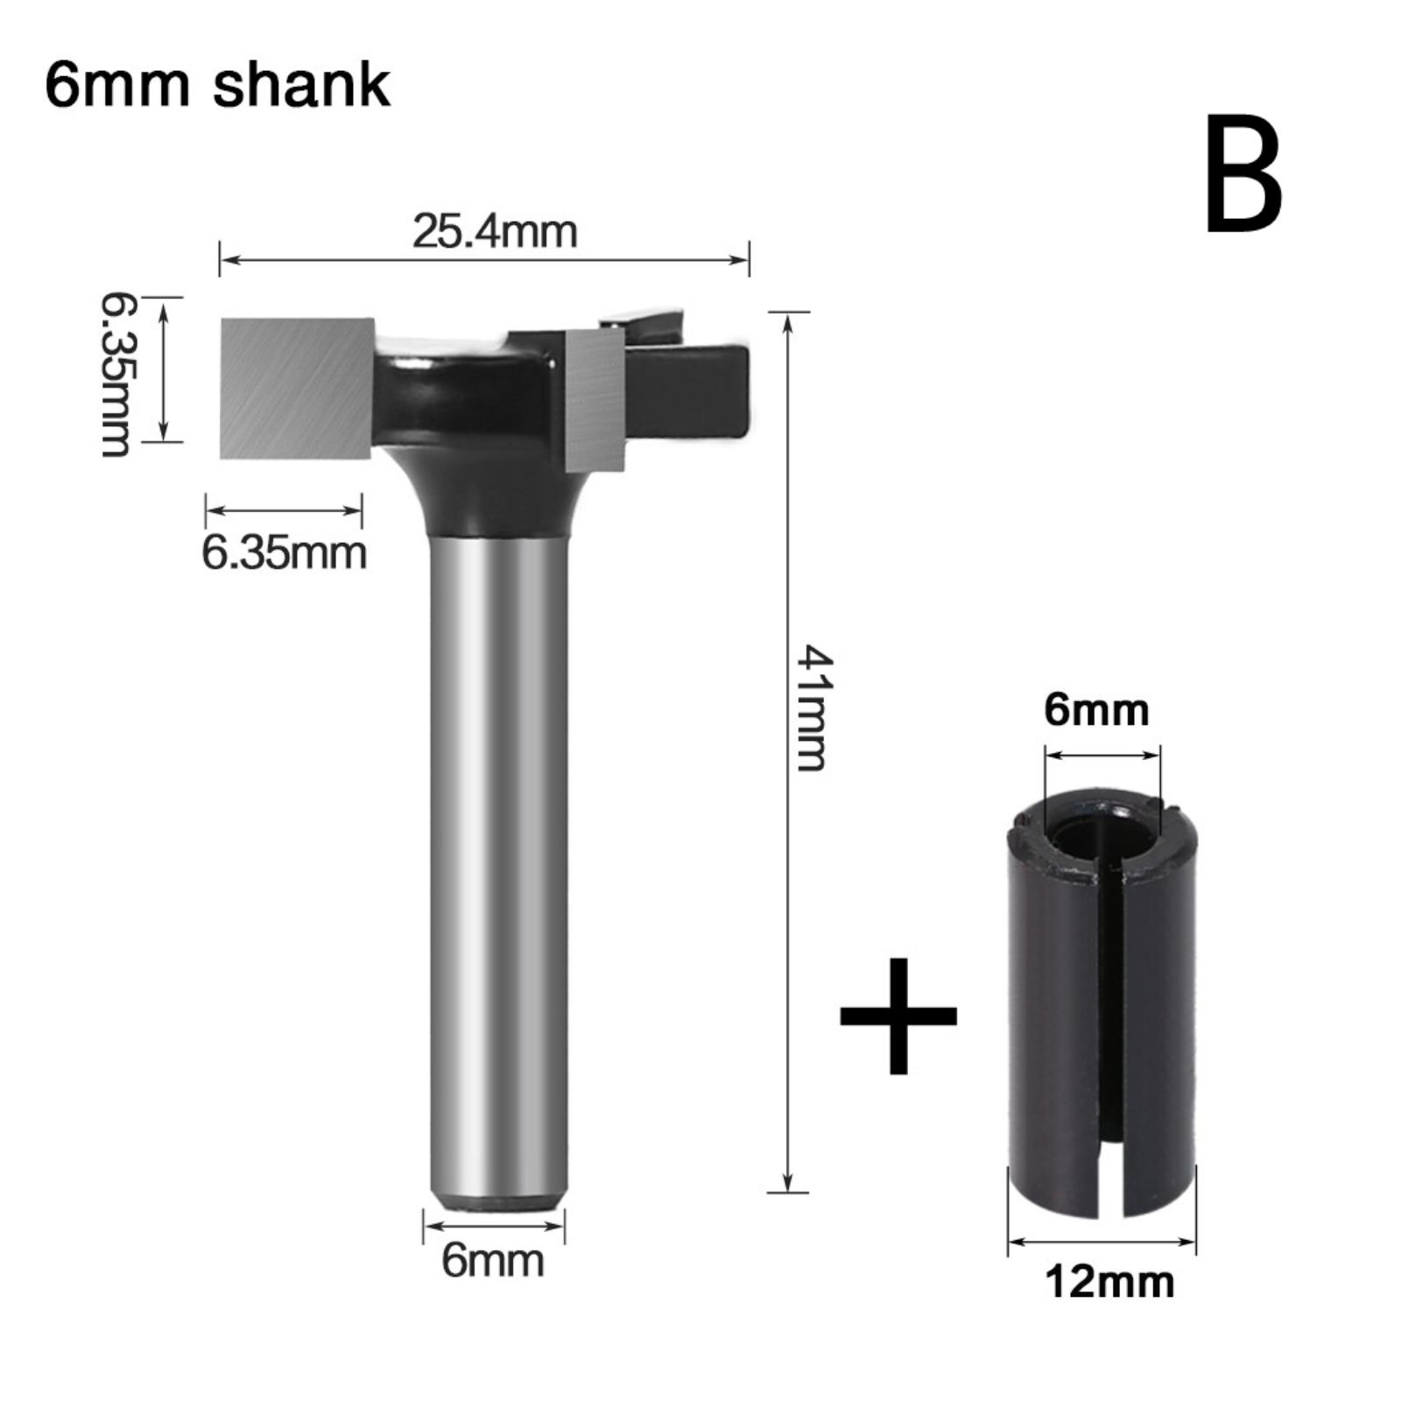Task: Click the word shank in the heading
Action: coord(302,85)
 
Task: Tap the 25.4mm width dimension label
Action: coord(495,232)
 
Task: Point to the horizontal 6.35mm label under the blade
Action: coord(284,553)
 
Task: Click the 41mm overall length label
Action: coord(811,708)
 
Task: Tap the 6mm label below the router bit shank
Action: coord(492,1261)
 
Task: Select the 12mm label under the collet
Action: coord(1109,1283)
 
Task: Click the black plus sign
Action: coord(898,1016)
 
